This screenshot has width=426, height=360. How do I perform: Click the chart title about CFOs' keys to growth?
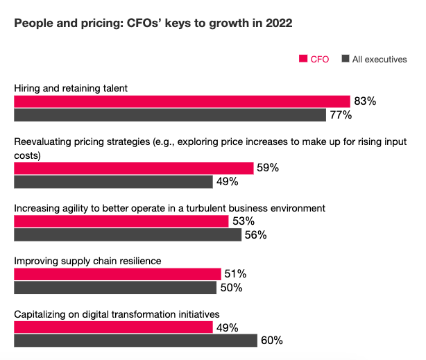[153, 23]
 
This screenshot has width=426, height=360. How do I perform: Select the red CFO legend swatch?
[303, 59]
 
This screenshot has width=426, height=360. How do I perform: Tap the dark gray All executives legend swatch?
[345, 59]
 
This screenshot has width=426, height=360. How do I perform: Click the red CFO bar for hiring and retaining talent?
[182, 101]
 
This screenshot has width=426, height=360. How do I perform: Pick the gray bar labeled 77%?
[170, 115]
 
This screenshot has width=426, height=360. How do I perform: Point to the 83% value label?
[365, 101]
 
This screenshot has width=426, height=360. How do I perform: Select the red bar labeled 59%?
[134, 168]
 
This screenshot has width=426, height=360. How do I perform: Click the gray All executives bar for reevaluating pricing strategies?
[113, 182]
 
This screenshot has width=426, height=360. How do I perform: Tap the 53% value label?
[244, 221]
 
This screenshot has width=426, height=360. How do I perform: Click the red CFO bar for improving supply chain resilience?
[117, 274]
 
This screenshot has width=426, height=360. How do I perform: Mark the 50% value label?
[232, 288]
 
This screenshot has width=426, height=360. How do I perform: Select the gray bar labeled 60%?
[135, 341]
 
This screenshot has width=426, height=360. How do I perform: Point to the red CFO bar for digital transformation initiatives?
[113, 327]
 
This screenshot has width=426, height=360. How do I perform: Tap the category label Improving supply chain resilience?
[87, 261]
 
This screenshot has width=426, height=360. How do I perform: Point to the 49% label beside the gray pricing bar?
[227, 182]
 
